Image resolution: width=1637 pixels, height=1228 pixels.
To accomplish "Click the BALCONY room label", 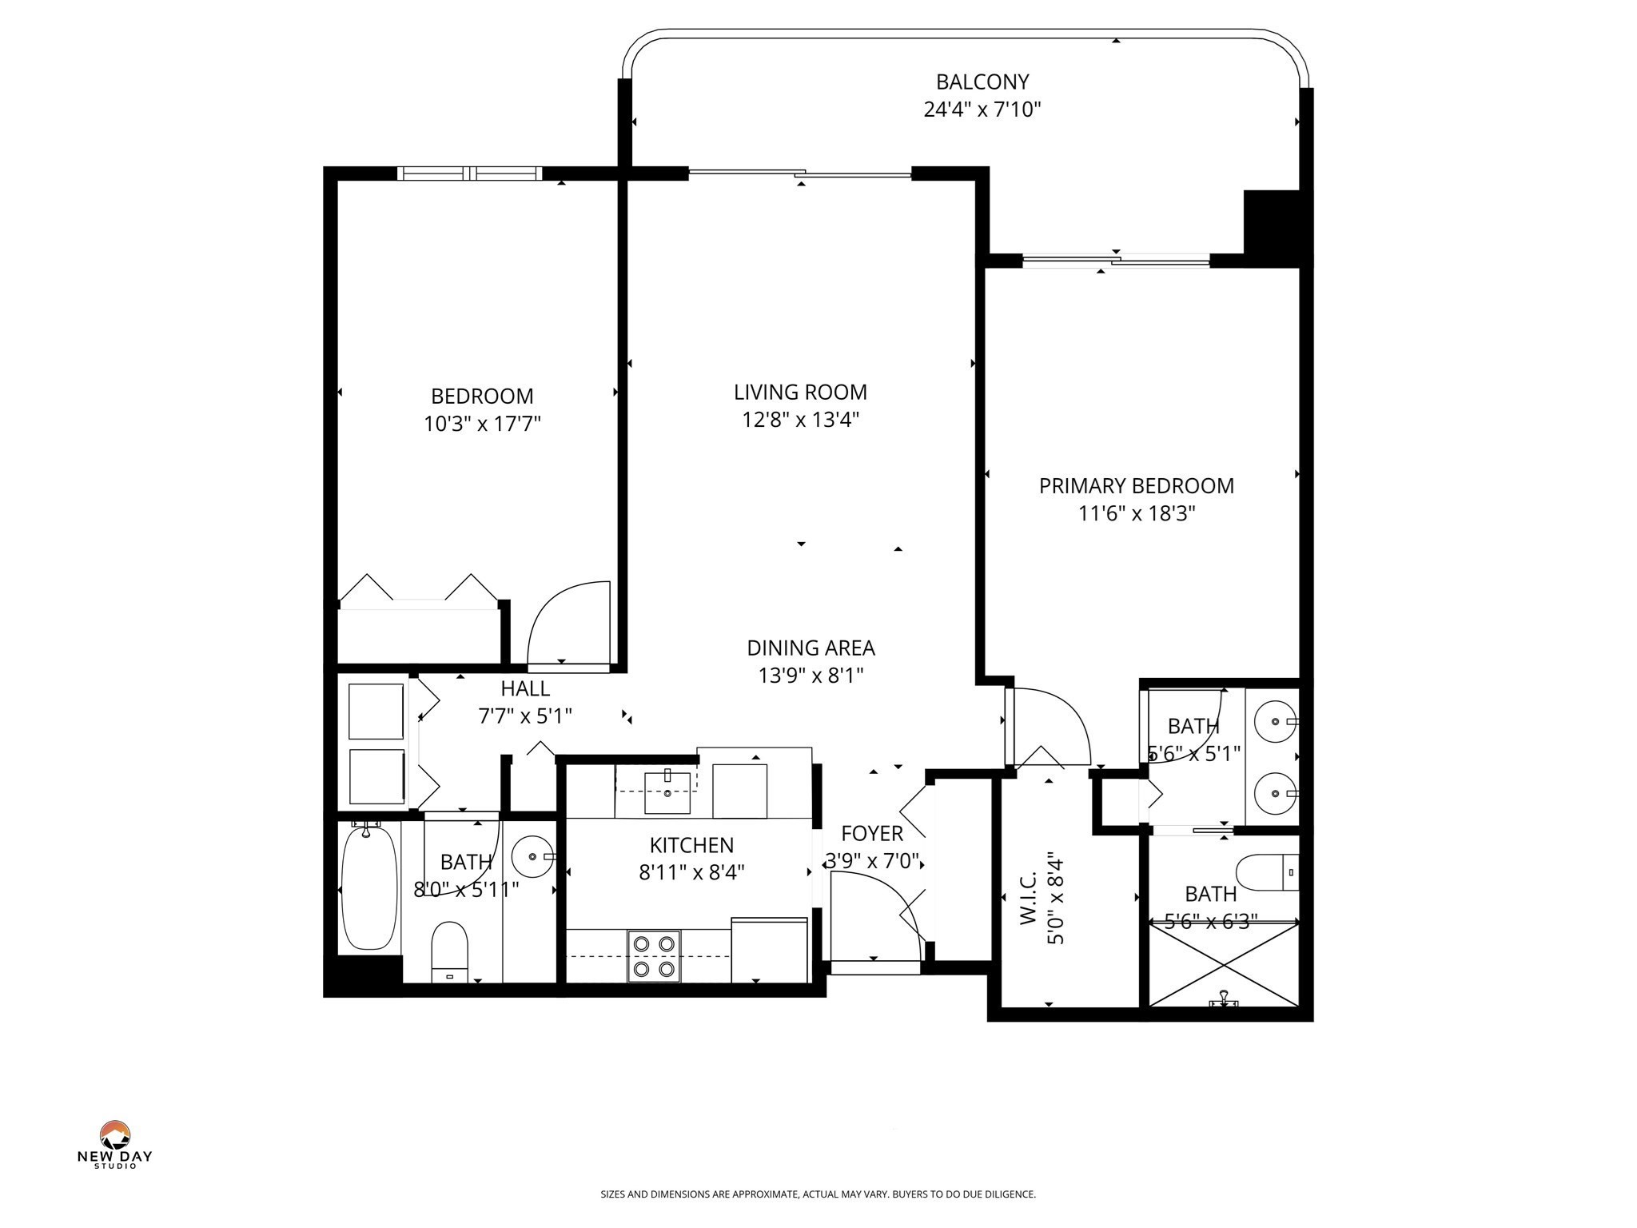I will pyautogui.click(x=982, y=82).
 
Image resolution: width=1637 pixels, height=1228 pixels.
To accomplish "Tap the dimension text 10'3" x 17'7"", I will pyautogui.click(x=482, y=424).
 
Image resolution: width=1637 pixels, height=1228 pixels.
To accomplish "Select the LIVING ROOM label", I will pyautogui.click(x=800, y=392).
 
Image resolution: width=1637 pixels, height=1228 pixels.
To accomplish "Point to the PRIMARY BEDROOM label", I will pyautogui.click(x=1136, y=485).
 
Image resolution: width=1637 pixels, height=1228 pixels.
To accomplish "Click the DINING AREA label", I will pyautogui.click(x=811, y=648).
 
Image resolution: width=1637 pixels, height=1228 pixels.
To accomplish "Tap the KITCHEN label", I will pyautogui.click(x=691, y=845).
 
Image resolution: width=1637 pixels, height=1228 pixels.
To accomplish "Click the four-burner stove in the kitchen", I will pyautogui.click(x=653, y=956).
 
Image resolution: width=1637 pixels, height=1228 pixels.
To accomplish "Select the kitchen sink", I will pyautogui.click(x=667, y=792).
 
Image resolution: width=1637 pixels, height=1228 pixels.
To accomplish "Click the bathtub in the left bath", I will pyautogui.click(x=369, y=887).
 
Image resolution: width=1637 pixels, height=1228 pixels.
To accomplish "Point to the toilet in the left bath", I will pyautogui.click(x=448, y=951).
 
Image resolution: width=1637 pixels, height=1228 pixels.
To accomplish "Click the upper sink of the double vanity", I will pyautogui.click(x=1273, y=722).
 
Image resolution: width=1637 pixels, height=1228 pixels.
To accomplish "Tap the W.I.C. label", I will pyautogui.click(x=1029, y=898).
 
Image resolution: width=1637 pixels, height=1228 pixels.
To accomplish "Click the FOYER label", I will pyautogui.click(x=872, y=833).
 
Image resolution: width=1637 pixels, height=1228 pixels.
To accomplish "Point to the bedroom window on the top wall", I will pyautogui.click(x=470, y=173).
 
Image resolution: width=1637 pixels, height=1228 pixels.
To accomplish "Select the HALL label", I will pyautogui.click(x=525, y=688).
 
